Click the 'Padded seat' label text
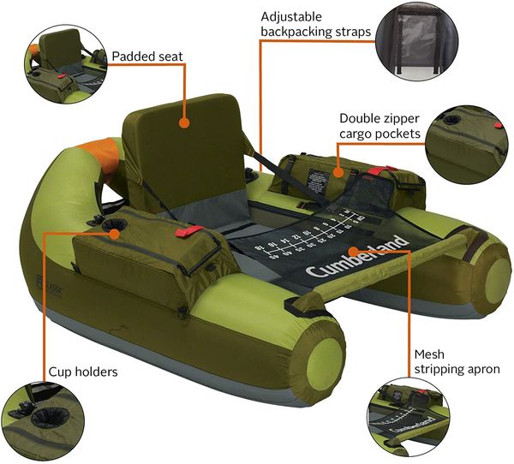pos(146,57)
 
